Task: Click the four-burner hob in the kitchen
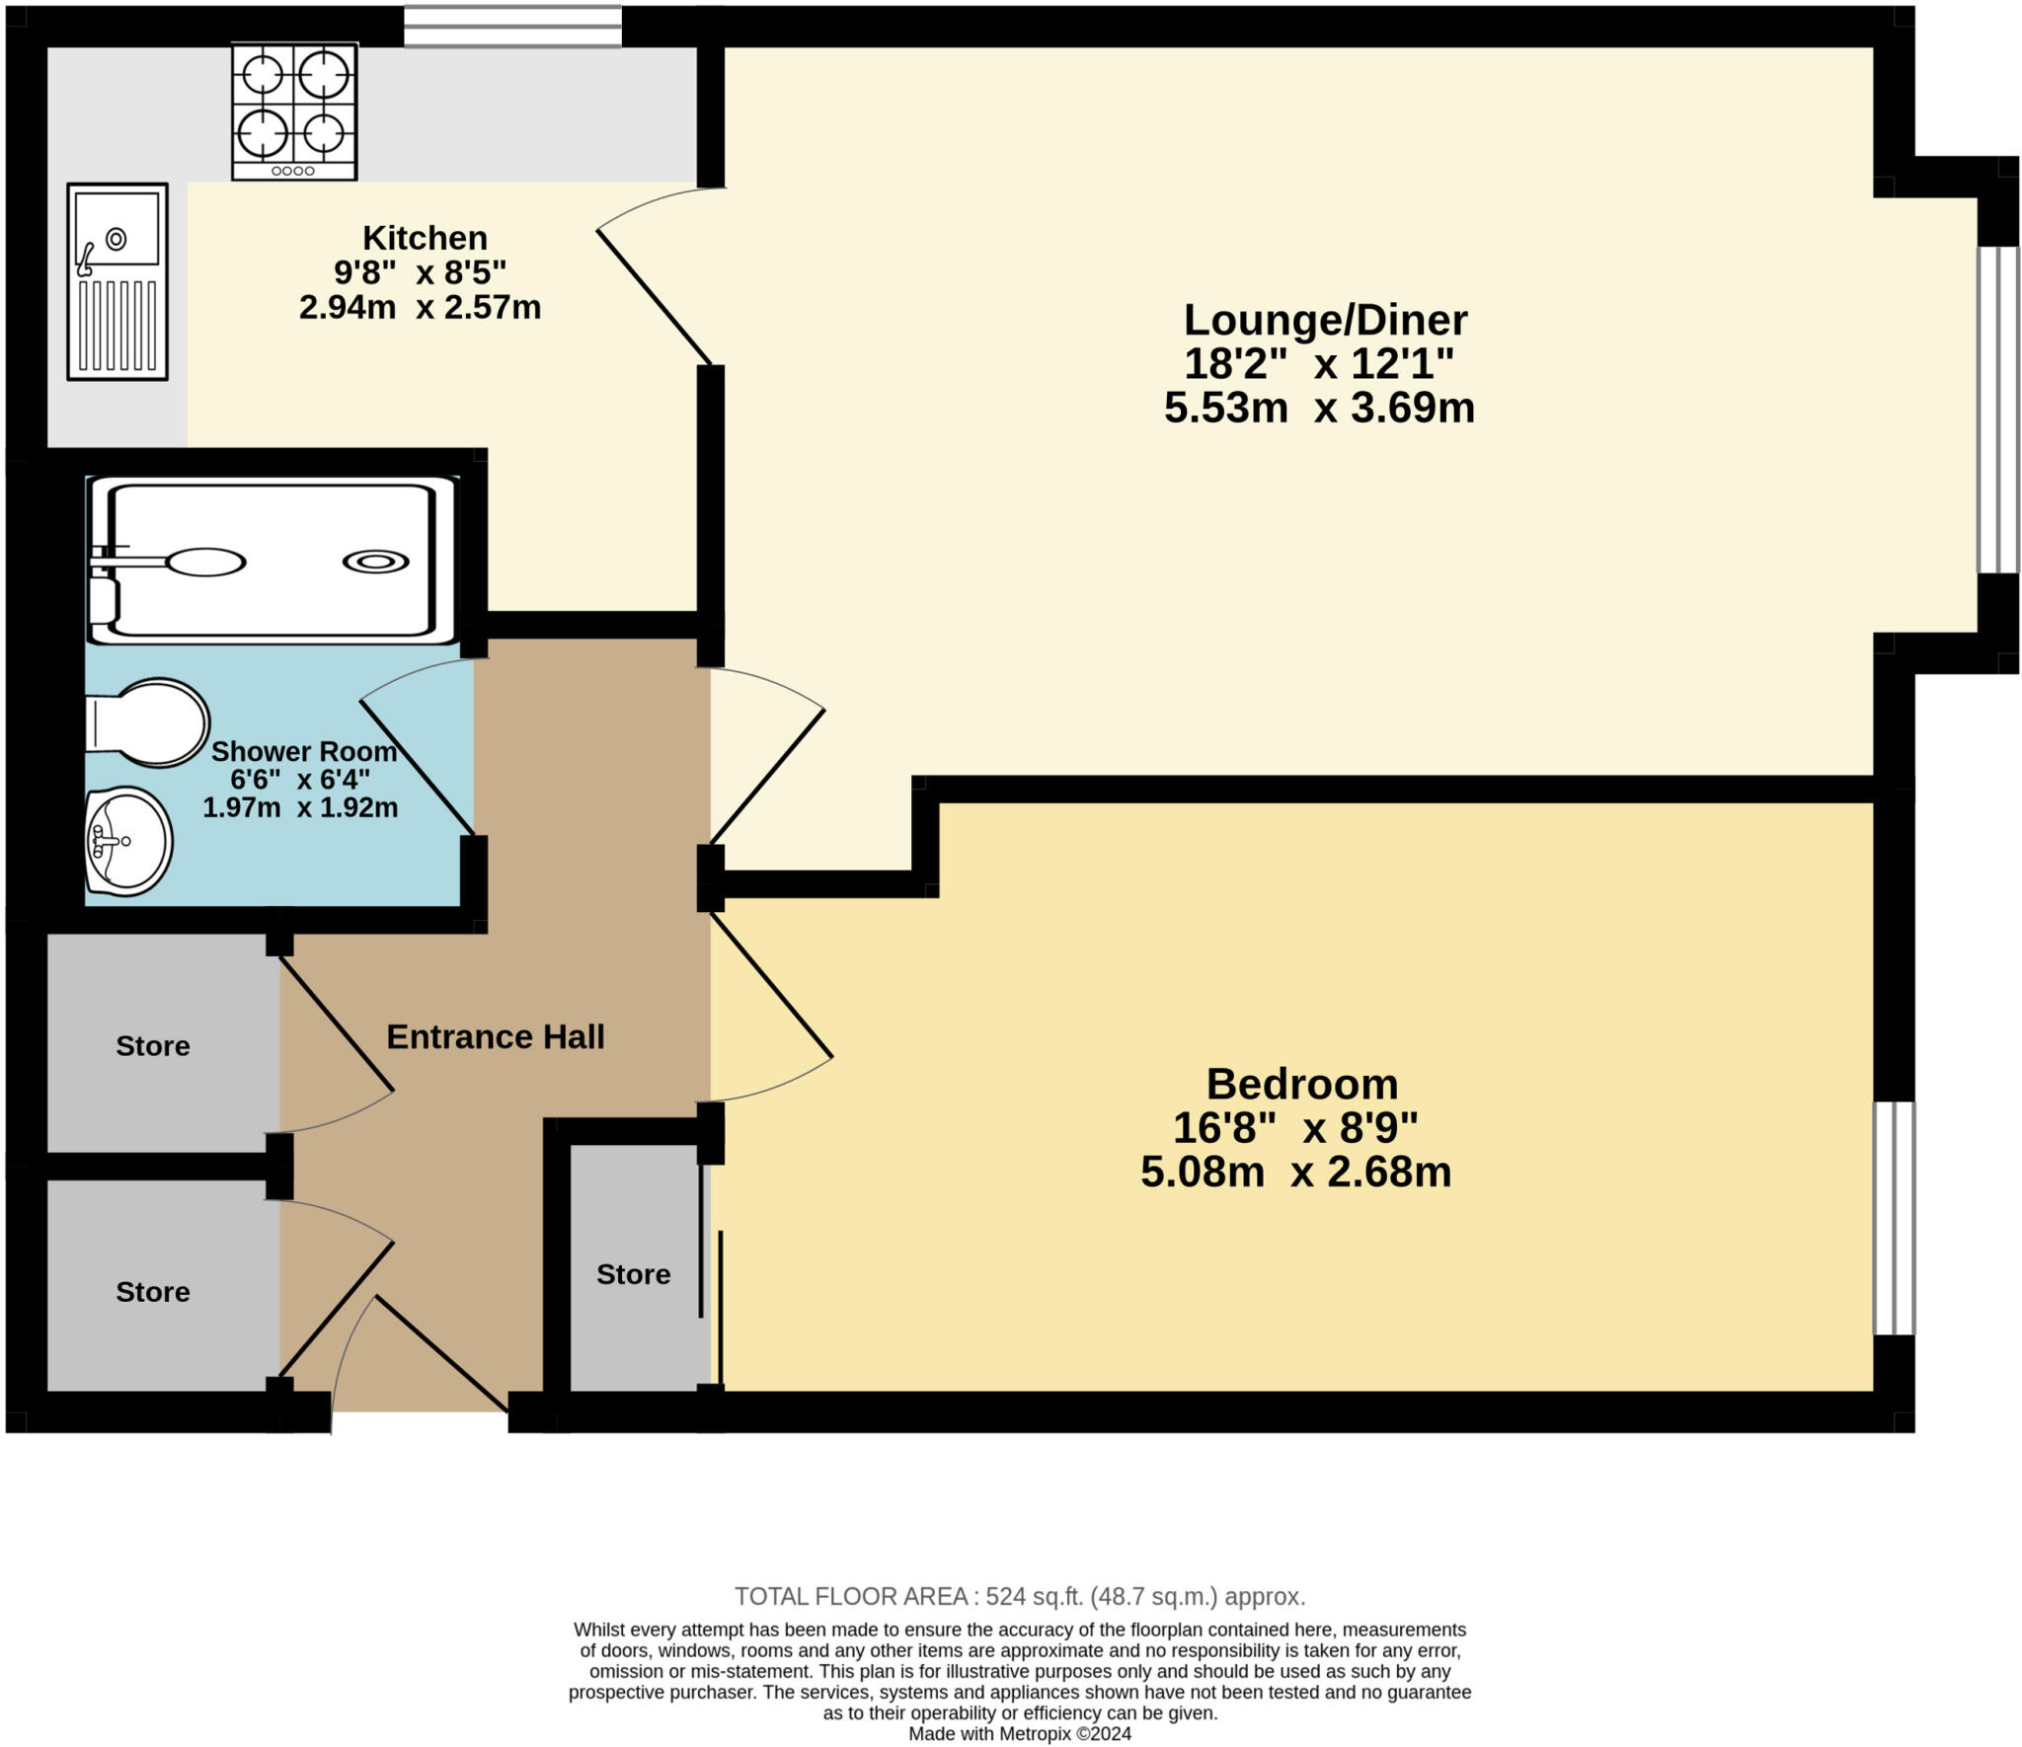[294, 111]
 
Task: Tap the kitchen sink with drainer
[117, 281]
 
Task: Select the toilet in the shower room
[148, 722]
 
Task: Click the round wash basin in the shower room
[128, 841]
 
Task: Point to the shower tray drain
[375, 562]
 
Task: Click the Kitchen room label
[425, 238]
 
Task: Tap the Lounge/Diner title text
[1325, 320]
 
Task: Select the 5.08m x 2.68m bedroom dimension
[1295, 1173]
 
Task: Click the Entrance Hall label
[495, 1036]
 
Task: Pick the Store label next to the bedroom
[633, 1274]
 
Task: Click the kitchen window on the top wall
[512, 27]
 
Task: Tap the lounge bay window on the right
[1996, 410]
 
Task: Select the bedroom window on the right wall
[1894, 1218]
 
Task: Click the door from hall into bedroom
[770, 987]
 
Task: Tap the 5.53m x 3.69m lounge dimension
[1319, 407]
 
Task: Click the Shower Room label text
[304, 752]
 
